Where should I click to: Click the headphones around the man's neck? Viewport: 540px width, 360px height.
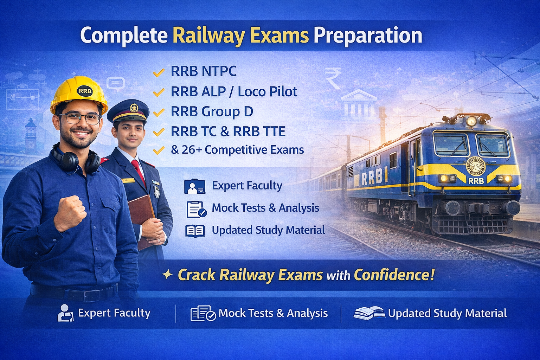pyautogui.click(x=76, y=160)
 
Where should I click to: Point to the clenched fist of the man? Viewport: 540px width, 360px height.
pyautogui.click(x=71, y=213)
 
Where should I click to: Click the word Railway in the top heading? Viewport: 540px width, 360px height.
pyautogui.click(x=209, y=36)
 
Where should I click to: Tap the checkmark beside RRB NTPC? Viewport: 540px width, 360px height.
pyautogui.click(x=159, y=72)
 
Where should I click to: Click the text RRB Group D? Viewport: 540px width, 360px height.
pyautogui.click(x=212, y=112)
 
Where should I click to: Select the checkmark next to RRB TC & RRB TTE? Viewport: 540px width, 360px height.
pyautogui.click(x=159, y=132)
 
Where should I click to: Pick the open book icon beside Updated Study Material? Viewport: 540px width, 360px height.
pyautogui.click(x=195, y=231)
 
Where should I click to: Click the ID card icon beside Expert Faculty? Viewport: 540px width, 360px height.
pyautogui.click(x=194, y=187)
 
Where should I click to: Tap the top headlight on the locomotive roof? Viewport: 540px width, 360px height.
pyautogui.click(x=471, y=121)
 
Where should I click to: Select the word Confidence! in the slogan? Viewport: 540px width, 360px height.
pyautogui.click(x=394, y=275)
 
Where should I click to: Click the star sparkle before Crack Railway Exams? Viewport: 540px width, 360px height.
pyautogui.click(x=167, y=275)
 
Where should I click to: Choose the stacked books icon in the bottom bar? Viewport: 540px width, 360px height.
pyautogui.click(x=368, y=313)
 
